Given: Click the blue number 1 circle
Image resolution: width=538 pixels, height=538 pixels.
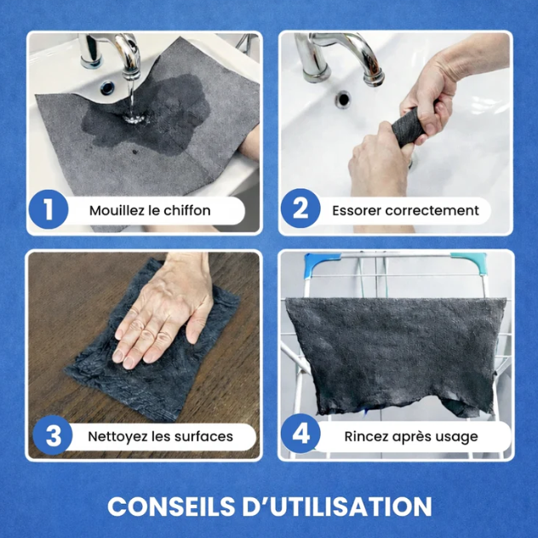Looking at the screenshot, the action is click(49, 209).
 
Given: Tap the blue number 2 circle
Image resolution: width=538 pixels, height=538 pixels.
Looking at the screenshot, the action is click(300, 209).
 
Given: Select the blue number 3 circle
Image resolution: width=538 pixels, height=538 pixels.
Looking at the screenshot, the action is click(53, 435).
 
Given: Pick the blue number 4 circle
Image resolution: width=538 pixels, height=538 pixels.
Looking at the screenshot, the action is click(300, 433).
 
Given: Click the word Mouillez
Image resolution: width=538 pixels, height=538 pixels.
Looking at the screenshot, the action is click(117, 210).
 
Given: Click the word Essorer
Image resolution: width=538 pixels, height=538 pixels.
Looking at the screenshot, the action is click(356, 210).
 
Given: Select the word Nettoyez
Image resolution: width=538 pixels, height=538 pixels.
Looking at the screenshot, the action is click(117, 437).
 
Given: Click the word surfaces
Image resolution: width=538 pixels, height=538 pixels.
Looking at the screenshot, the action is click(203, 437).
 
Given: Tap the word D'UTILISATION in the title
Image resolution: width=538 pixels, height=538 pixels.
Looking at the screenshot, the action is click(337, 507).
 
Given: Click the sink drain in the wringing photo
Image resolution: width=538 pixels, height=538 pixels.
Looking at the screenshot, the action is click(343, 100).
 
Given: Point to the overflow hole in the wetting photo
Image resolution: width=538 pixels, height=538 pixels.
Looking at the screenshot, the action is click(107, 88).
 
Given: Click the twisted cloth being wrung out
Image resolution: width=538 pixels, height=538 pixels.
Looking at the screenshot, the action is click(409, 126).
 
